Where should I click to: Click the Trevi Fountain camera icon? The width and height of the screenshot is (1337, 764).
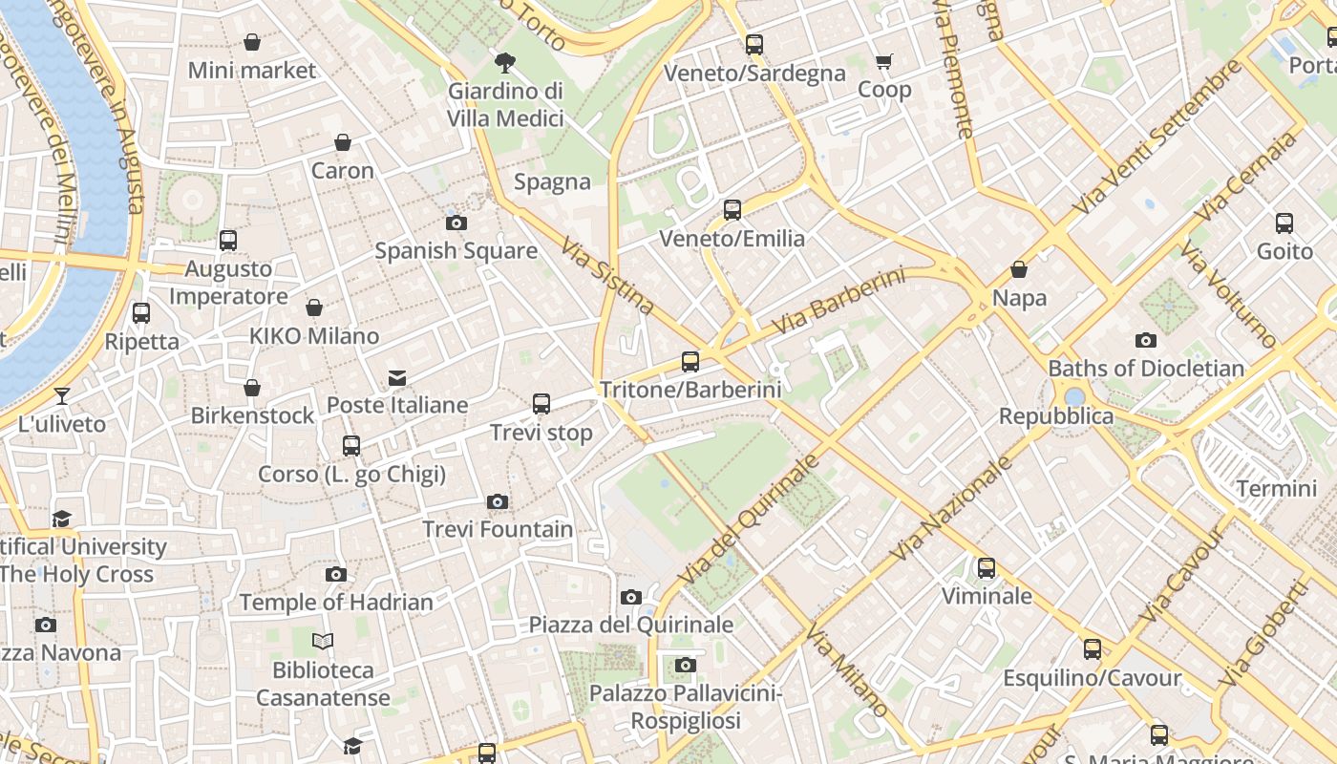(x=497, y=502)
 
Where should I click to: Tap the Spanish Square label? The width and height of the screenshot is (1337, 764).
(x=456, y=251)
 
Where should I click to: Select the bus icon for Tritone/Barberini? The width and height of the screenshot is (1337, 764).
(x=690, y=362)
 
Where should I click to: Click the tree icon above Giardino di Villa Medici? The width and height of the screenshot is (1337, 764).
(x=505, y=64)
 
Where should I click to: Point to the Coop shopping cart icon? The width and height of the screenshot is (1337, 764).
(x=884, y=62)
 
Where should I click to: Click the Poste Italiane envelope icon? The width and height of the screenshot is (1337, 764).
(x=397, y=379)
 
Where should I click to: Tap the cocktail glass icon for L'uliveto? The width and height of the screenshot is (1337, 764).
(x=62, y=396)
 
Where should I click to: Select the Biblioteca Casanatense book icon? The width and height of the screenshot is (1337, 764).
(x=323, y=642)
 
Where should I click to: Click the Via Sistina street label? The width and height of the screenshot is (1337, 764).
(x=608, y=276)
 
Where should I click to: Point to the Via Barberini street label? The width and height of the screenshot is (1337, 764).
(x=838, y=301)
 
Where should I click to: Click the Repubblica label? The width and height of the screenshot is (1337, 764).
(x=1055, y=416)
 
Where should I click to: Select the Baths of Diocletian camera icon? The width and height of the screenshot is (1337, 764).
(x=1146, y=341)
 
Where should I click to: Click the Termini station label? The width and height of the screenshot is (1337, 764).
(x=1276, y=489)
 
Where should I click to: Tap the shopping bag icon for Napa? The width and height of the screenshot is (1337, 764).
(x=1019, y=270)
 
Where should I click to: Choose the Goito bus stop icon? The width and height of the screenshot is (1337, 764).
(x=1284, y=223)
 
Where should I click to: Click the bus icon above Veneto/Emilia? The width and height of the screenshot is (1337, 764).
(x=732, y=210)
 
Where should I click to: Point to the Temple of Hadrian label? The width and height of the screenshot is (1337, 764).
(x=336, y=603)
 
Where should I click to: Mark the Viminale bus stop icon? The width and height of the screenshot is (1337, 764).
(x=987, y=568)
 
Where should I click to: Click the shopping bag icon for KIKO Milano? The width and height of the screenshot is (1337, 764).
(x=314, y=308)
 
